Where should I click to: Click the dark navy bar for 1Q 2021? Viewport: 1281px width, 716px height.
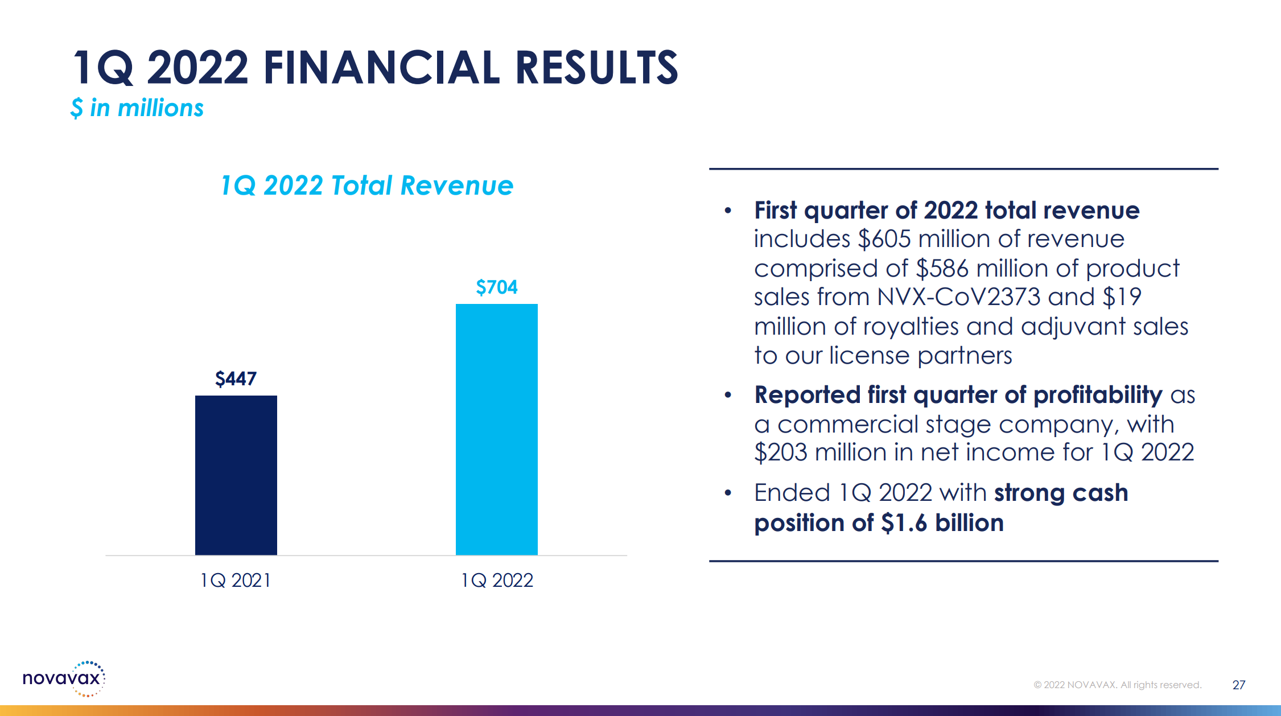pos(236,475)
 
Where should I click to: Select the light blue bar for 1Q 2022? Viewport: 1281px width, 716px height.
pos(496,429)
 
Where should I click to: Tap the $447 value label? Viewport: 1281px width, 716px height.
pos(236,378)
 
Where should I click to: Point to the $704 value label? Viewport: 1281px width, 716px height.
pos(496,287)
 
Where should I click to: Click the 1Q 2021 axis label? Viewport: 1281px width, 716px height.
pos(236,580)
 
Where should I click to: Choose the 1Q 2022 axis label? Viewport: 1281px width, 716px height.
pos(496,580)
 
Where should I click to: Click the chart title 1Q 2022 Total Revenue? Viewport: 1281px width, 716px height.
pos(366,186)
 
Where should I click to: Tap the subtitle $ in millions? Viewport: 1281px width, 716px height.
pos(137,108)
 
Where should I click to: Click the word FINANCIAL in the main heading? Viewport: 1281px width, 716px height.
pos(381,68)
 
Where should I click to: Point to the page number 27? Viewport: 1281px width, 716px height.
pos(1238,685)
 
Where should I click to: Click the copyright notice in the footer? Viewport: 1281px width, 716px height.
pos(1117,685)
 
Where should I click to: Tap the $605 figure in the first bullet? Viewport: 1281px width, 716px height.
pos(884,239)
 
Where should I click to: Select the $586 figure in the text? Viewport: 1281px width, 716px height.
pos(942,269)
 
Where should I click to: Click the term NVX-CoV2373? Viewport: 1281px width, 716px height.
pos(958,297)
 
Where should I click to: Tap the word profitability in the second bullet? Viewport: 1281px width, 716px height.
pos(1098,395)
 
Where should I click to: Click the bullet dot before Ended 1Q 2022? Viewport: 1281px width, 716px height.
pos(728,493)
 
